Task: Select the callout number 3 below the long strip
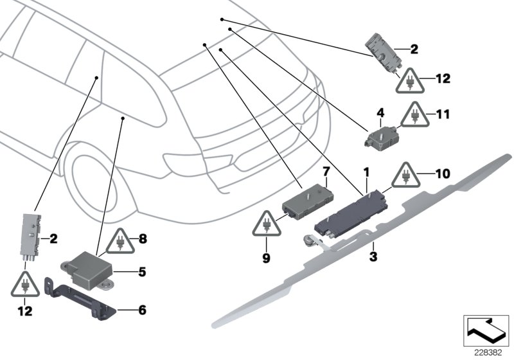(x=373, y=257)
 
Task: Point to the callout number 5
(x=142, y=272)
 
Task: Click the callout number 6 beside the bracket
(x=142, y=310)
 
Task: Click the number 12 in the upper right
(x=443, y=80)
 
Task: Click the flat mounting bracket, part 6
(x=80, y=295)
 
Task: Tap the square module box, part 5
(x=87, y=265)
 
